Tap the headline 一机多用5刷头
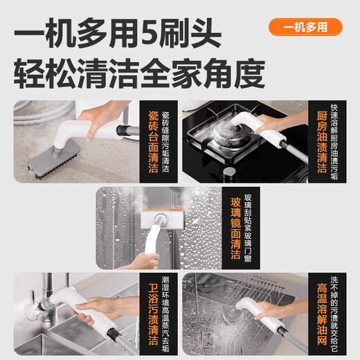[118, 31]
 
